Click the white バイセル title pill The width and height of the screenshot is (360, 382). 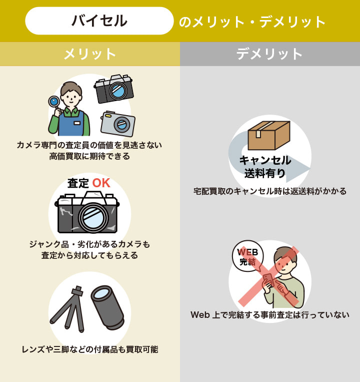click(x=99, y=21)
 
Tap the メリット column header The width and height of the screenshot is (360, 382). click(x=90, y=54)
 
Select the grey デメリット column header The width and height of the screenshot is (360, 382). click(x=270, y=54)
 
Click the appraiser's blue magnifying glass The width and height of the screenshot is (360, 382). click(x=54, y=102)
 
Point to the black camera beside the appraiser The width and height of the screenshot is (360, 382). click(x=114, y=89)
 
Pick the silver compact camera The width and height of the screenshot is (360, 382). click(x=118, y=124)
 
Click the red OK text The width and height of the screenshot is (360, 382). click(x=101, y=183)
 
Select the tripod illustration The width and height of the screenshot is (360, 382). click(x=67, y=309)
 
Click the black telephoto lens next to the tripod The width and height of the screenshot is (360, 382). click(x=108, y=307)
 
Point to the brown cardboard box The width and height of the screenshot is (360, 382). click(x=269, y=135)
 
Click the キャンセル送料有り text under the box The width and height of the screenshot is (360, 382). click(x=265, y=167)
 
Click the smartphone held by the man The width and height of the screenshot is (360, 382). click(x=269, y=280)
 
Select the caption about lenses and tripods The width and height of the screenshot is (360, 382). click(x=90, y=349)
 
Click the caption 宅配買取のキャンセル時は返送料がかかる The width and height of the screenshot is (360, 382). click(x=270, y=191)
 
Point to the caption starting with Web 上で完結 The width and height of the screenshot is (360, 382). click(x=270, y=315)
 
